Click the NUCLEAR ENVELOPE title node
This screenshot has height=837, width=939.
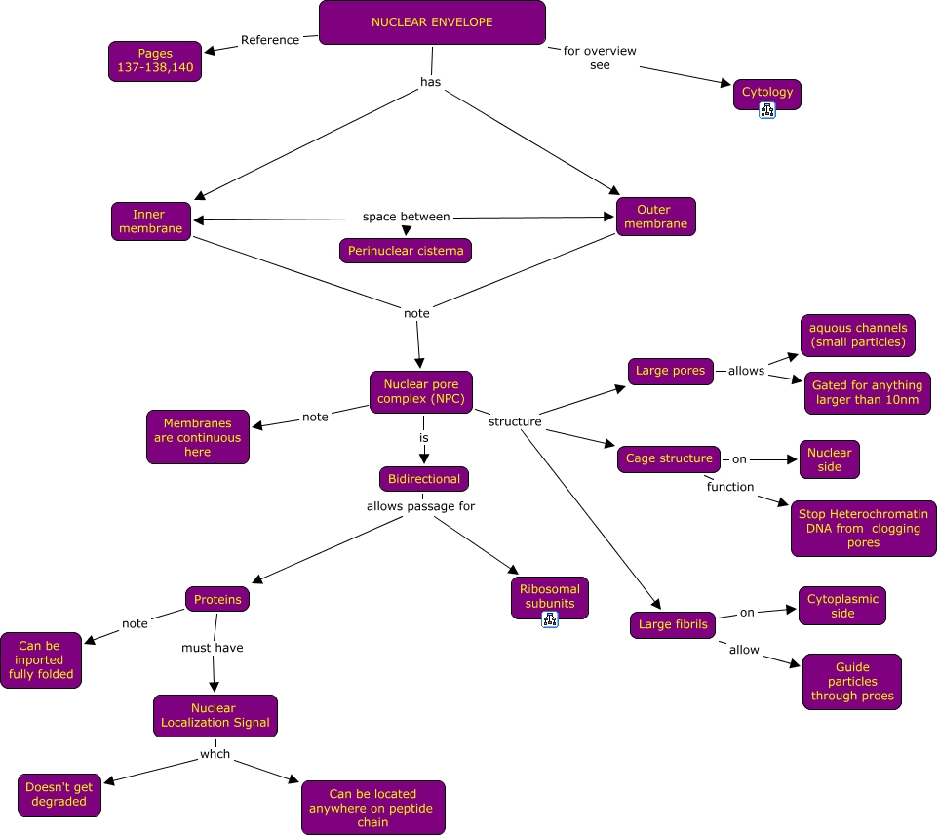pos(432,22)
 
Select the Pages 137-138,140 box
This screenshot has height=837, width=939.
pos(155,61)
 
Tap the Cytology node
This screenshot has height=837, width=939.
pos(767,93)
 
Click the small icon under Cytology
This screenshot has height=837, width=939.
pos(767,111)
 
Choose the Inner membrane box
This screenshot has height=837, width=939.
pos(150,221)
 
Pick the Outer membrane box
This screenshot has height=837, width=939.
pos(655,217)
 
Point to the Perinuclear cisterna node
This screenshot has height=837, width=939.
pos(406,251)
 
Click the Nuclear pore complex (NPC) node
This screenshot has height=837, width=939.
pos(421,392)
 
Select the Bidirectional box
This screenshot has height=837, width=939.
pos(423,479)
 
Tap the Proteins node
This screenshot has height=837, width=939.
pos(216,599)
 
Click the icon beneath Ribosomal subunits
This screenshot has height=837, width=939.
pos(550,618)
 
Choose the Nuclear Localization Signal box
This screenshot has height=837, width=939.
pos(215,715)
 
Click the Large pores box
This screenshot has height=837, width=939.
pos(670,371)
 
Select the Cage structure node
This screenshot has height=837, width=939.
pos(668,458)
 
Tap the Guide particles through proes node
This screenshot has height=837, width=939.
pos(851,682)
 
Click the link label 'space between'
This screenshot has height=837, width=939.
pos(406,217)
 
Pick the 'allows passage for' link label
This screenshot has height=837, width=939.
pos(420,506)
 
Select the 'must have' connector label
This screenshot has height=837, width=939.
pos(213,647)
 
